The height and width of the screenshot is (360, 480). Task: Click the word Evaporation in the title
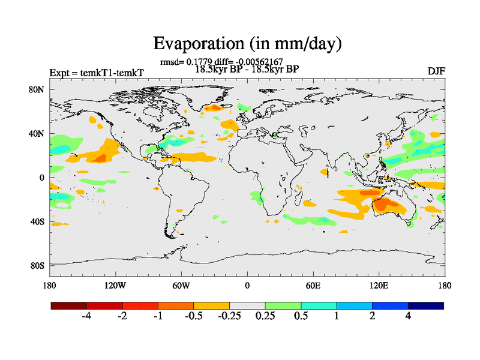pos(190,43)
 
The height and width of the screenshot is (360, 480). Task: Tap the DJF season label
pos(436,71)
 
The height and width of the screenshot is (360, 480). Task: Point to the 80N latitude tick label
pos(37,90)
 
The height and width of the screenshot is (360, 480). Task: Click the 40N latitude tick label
pos(37,134)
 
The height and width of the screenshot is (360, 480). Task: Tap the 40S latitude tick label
pos(37,221)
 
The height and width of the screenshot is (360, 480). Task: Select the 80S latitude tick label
pos(37,265)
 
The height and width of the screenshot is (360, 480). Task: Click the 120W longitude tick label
pos(115,285)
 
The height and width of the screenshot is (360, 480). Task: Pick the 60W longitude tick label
pos(181,285)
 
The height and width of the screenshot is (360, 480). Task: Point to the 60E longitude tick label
pos(313,285)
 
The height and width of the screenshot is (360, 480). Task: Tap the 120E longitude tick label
pos(379,285)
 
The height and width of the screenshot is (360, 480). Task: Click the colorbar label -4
pos(86,316)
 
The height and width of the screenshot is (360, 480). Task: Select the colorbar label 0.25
pos(264,316)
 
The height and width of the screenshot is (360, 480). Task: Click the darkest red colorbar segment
pos(69,305)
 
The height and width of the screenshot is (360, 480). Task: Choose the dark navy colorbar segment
pos(425,305)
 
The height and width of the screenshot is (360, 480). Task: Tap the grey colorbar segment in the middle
pos(247,305)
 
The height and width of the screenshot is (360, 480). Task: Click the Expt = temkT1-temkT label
pos(97,73)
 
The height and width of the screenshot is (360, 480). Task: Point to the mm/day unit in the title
pos(307,44)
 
